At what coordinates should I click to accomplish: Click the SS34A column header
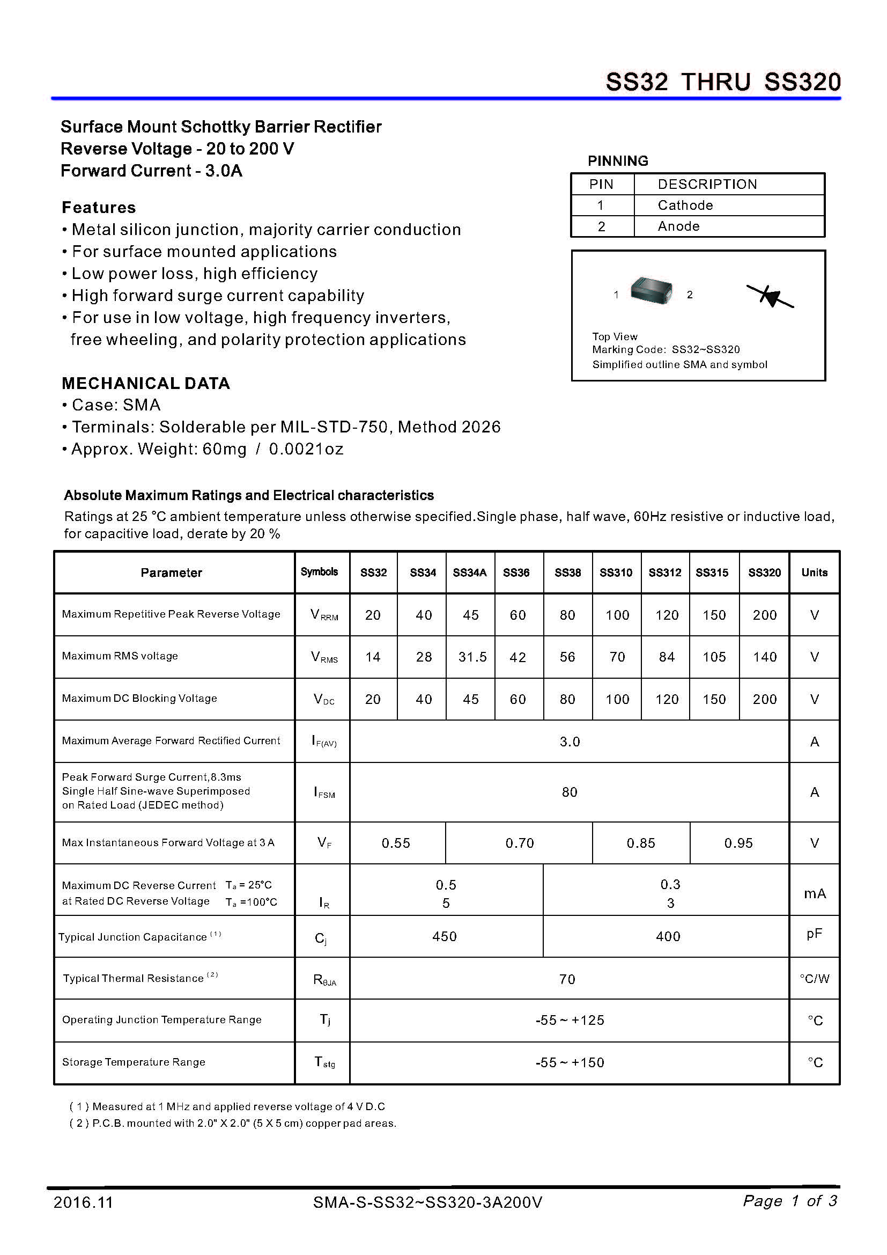coord(470,573)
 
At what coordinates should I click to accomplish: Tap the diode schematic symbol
coord(770,296)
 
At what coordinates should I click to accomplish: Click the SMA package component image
coord(651,290)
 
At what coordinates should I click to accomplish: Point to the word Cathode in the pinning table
coord(685,205)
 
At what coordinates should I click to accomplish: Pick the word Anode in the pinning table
coord(678,226)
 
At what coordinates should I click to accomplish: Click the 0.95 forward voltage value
coord(738,843)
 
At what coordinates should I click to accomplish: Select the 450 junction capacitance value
coord(445,936)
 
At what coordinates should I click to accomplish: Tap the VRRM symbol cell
coord(324,614)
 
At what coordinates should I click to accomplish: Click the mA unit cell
coord(815,894)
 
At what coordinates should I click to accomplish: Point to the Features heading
coord(99,208)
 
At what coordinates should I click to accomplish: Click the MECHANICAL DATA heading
coord(145,383)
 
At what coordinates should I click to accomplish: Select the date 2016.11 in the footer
coord(83,1202)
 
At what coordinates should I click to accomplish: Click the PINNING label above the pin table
coord(618,161)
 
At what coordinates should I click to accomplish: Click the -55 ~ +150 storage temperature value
coord(570,1062)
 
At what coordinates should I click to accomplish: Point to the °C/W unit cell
coord(815,979)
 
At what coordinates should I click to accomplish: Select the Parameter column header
coord(171,573)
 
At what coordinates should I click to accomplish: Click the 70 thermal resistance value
coord(567,979)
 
